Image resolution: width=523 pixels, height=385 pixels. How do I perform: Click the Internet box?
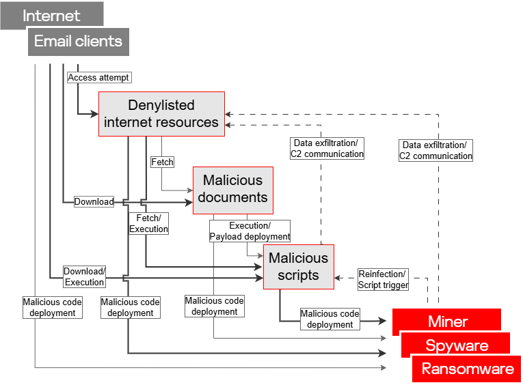52,15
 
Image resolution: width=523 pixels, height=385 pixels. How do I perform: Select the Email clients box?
78,41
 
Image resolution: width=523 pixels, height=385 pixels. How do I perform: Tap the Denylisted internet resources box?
161,114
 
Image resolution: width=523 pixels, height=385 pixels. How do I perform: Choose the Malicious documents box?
232,188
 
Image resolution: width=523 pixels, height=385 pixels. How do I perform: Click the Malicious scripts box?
298,266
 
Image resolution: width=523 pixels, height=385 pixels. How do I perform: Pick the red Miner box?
447,322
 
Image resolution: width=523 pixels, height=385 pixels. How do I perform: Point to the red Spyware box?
457,345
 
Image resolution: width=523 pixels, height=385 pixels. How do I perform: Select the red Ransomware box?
468,369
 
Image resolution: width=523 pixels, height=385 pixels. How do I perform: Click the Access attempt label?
98,77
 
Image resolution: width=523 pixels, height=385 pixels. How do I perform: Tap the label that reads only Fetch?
162,162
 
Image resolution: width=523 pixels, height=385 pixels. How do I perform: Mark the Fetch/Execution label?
148,223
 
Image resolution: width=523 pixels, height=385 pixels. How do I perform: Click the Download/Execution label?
85,276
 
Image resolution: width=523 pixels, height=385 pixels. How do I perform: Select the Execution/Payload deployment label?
250,231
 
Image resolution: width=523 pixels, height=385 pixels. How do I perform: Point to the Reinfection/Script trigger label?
383,279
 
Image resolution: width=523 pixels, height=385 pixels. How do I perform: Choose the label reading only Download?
94,201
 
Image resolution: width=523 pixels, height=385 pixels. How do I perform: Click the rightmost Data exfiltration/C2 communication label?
435,150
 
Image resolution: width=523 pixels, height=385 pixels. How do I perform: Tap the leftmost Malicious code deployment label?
52,306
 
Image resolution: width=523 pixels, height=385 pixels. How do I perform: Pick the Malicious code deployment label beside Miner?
330,319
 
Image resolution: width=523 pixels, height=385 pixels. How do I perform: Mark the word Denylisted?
161,105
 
